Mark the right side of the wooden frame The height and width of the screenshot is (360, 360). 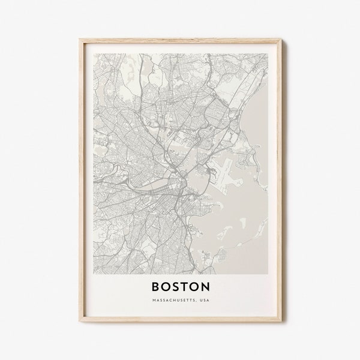pyautogui.click(x=279, y=180)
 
